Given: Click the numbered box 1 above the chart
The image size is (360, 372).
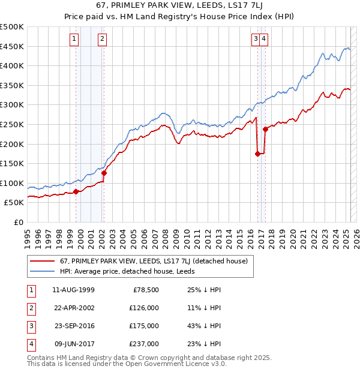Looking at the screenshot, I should pos(74,39).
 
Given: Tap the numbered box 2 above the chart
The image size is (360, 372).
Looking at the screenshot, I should pos(102,39).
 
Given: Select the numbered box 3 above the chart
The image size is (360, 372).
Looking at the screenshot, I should pos(256,39).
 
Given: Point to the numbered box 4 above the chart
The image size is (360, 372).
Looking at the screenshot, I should pos(264,39).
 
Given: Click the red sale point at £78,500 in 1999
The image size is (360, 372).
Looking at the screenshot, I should pos(76,191).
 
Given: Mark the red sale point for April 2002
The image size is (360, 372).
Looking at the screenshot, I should pos(104,173).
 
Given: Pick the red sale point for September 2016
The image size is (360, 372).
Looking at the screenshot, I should pos(258,154).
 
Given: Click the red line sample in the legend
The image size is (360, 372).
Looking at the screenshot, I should pos(41,261).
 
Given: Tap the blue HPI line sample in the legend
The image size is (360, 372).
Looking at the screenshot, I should pos(41,271).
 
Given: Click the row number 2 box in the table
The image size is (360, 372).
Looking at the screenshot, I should pos(31,308).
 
